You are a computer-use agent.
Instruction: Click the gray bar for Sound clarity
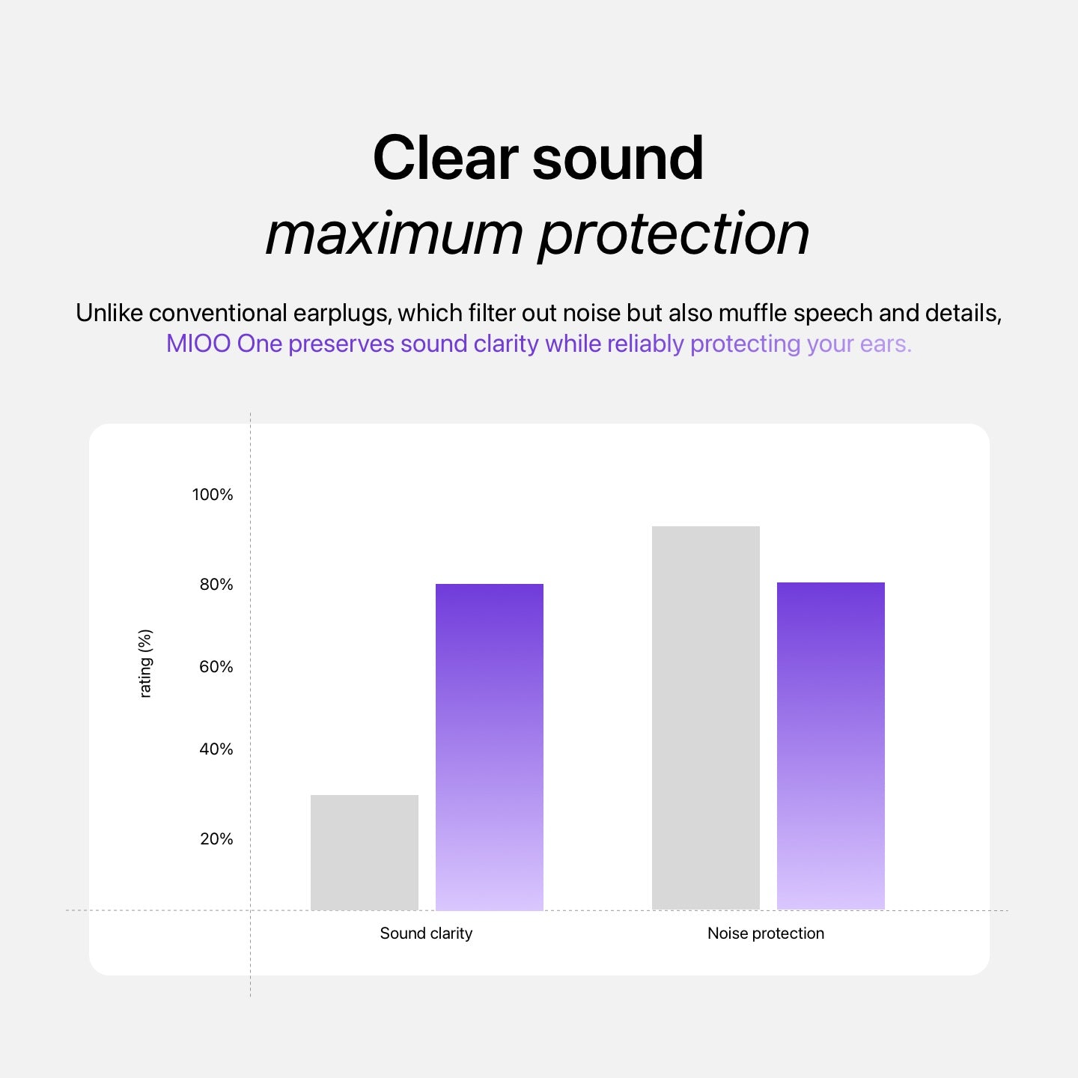(364, 853)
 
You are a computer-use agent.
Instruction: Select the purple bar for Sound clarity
(490, 747)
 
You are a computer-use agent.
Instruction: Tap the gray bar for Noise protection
(706, 719)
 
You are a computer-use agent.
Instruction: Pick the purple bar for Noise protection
(831, 746)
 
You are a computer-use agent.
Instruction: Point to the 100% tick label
(213, 495)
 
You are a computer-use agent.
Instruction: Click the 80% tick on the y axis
(216, 585)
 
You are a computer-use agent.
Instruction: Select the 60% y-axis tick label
(216, 667)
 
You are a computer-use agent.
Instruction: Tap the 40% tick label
(216, 749)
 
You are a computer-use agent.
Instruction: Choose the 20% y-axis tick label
(216, 839)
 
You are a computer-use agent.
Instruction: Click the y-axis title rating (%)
(145, 663)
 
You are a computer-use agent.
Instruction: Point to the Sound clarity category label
(426, 933)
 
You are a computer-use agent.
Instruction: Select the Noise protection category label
(766, 933)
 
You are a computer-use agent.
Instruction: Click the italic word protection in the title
(674, 236)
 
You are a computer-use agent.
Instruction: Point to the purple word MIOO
(198, 344)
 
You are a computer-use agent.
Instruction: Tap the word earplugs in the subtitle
(341, 314)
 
